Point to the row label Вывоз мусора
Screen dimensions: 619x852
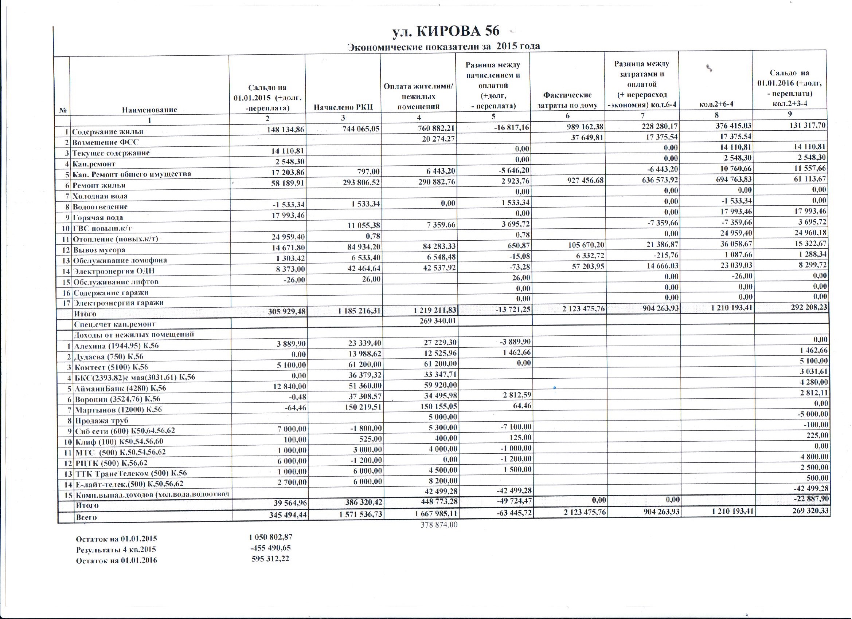point(99,250)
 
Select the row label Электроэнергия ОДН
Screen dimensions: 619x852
point(113,271)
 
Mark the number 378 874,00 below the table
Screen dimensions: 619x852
point(439,525)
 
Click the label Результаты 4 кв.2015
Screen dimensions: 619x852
point(116,550)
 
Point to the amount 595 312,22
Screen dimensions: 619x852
point(270,559)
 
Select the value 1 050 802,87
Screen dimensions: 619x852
point(270,537)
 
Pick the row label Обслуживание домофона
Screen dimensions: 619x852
point(120,260)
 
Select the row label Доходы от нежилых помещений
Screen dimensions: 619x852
point(134,335)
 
